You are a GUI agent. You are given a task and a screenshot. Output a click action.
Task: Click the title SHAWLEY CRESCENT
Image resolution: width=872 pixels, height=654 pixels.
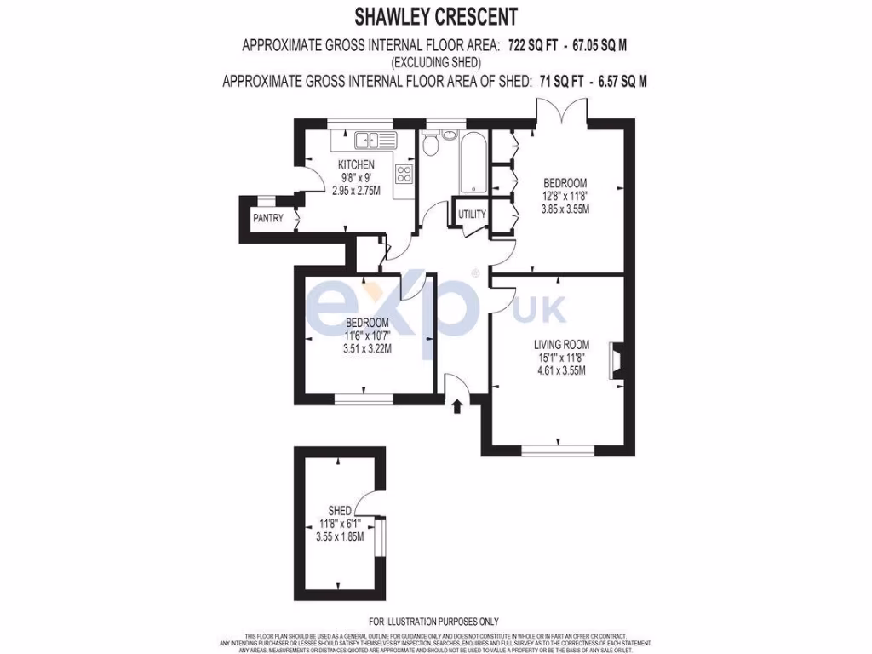click(x=435, y=16)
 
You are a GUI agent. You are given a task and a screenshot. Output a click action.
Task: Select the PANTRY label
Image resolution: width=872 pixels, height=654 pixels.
click(x=267, y=219)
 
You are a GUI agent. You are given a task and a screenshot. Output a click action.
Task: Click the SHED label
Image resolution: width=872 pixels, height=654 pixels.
click(x=339, y=511)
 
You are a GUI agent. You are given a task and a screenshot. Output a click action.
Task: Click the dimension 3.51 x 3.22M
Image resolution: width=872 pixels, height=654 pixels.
click(x=367, y=347)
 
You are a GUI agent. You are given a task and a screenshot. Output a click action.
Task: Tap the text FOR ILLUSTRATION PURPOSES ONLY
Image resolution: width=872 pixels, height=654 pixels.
click(x=434, y=622)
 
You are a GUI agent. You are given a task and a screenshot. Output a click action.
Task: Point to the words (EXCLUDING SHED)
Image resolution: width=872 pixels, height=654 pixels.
click(x=435, y=63)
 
